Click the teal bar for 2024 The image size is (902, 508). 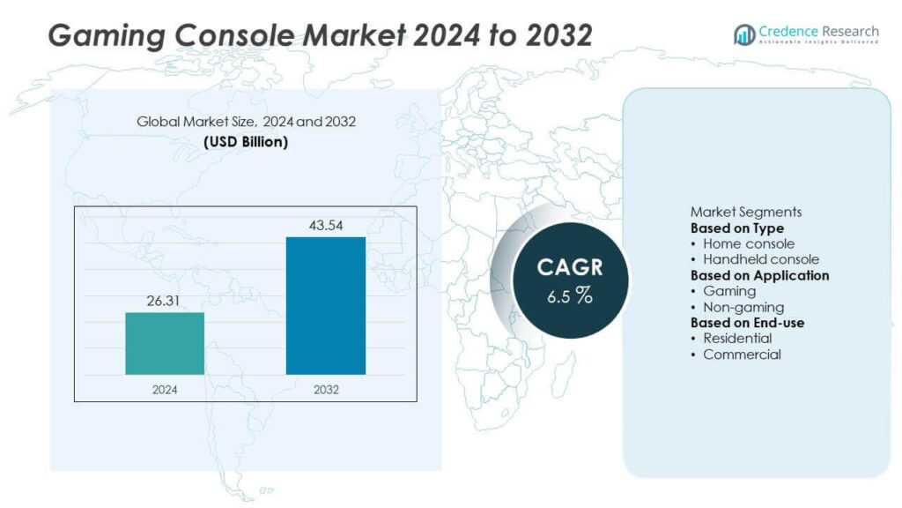click(x=165, y=343)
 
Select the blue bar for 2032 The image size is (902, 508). click(x=326, y=305)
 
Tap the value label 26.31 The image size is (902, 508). click(x=165, y=302)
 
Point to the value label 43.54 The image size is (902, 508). click(x=326, y=226)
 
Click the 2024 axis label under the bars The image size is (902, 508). click(x=165, y=389)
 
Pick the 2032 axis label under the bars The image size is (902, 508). click(x=326, y=389)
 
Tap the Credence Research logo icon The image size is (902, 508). click(x=744, y=34)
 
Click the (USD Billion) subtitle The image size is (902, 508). click(x=246, y=141)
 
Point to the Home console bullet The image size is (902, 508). click(x=748, y=243)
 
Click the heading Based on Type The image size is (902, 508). click(x=736, y=228)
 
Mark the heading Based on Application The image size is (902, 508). click(x=759, y=275)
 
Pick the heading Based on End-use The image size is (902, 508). click(x=747, y=323)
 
